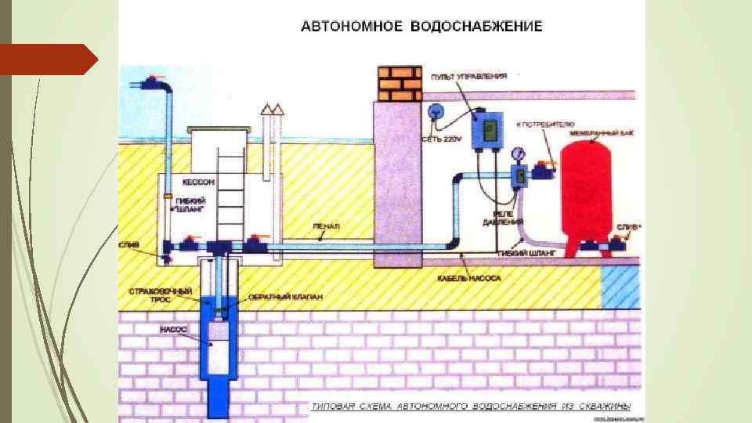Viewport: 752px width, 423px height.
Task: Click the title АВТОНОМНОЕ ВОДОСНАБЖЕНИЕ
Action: pos(421,27)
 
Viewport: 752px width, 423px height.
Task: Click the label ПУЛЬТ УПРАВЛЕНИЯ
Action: pos(469,76)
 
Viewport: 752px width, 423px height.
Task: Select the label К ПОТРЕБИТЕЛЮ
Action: pos(545,125)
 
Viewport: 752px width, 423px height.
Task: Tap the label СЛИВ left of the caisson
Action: pos(129,244)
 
